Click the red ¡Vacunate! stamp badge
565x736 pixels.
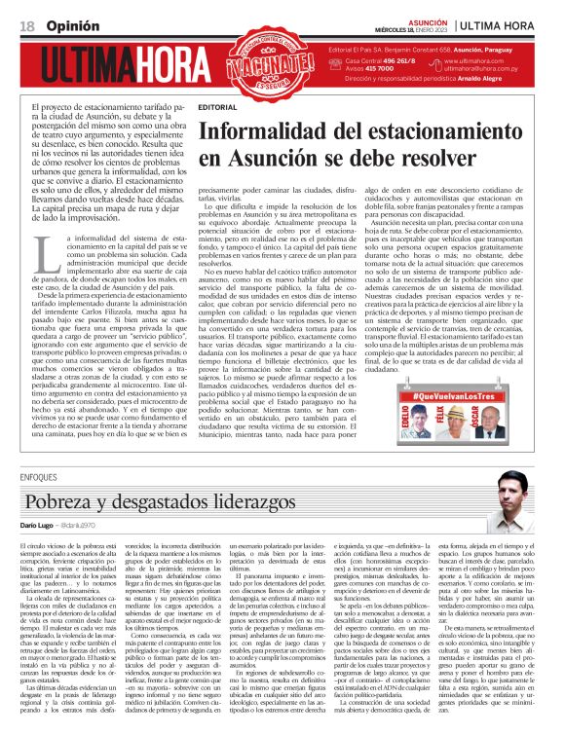275,63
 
